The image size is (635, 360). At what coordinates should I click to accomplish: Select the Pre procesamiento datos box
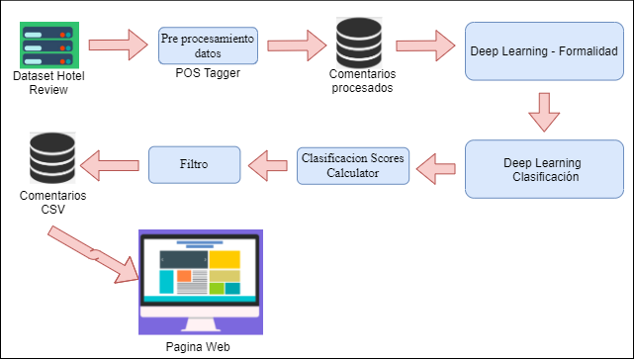tap(208, 45)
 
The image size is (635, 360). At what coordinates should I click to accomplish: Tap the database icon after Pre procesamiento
tap(358, 45)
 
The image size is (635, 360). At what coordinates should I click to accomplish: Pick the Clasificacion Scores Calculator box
tap(353, 165)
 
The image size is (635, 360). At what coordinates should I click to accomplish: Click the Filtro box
tap(195, 164)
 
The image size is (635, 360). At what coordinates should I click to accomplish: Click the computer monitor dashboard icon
tap(201, 282)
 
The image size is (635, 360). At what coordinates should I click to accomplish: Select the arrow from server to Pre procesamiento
tap(115, 45)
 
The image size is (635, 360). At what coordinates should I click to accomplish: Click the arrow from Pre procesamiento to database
tap(297, 45)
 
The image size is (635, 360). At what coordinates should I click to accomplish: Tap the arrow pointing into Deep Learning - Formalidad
tap(425, 45)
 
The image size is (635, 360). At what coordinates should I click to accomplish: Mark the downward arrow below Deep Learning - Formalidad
tap(543, 112)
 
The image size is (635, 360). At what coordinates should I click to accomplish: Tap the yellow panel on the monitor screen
tap(225, 259)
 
